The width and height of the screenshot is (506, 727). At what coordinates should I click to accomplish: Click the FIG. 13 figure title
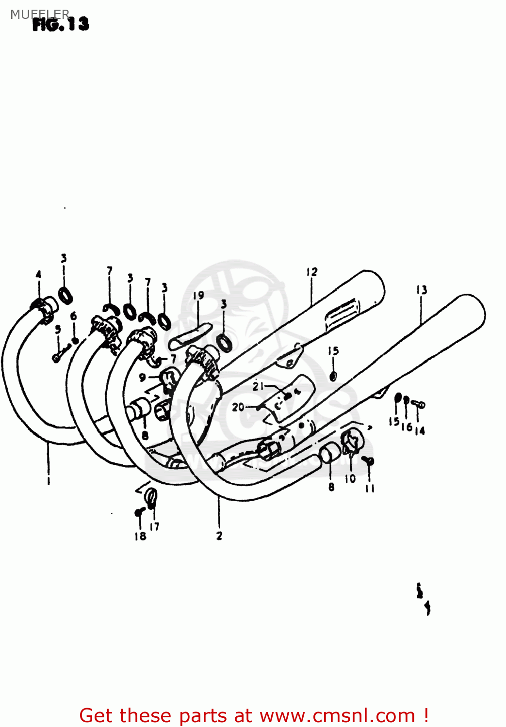(x=61, y=24)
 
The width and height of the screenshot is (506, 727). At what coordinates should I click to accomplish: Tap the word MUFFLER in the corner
(x=39, y=14)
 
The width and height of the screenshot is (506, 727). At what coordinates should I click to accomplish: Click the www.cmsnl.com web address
(x=337, y=715)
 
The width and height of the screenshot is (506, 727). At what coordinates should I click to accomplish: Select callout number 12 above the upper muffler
(x=311, y=272)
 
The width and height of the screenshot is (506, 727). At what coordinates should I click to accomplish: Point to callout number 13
(x=421, y=290)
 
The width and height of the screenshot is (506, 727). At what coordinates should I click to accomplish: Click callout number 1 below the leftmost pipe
(x=49, y=481)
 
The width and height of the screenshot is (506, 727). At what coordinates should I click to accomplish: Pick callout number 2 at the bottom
(x=219, y=536)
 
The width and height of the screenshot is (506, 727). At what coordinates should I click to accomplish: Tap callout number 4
(x=39, y=275)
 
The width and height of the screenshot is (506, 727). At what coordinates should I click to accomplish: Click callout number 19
(x=198, y=296)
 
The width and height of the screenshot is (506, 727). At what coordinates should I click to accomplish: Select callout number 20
(x=238, y=407)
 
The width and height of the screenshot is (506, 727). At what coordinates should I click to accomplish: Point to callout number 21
(x=258, y=386)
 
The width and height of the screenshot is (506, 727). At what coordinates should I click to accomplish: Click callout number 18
(x=140, y=536)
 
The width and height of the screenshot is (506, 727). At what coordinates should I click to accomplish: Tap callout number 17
(x=155, y=526)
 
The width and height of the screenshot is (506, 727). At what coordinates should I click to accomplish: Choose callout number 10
(x=350, y=479)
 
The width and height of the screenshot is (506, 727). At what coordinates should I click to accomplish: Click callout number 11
(x=370, y=488)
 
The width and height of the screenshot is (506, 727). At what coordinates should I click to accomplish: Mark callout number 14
(x=420, y=430)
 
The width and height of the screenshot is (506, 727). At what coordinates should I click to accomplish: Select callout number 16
(x=407, y=427)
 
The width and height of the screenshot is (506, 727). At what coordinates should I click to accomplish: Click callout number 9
(x=142, y=377)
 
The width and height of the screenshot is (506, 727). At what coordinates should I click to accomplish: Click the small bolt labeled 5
(x=57, y=358)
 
